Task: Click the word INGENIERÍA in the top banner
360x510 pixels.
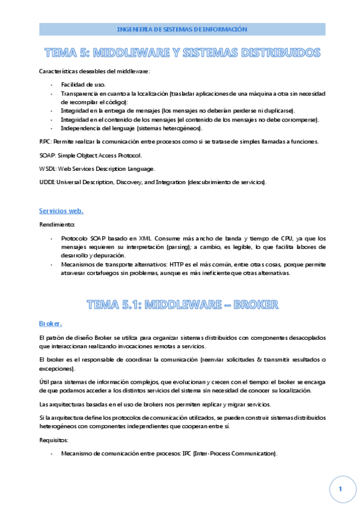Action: (132, 29)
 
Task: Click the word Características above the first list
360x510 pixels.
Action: (57, 72)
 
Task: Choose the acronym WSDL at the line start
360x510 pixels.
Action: (46, 168)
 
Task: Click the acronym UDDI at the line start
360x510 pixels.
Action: (46, 182)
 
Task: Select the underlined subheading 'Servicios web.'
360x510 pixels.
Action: (61, 210)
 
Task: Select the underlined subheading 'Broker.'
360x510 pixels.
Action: (50, 324)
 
